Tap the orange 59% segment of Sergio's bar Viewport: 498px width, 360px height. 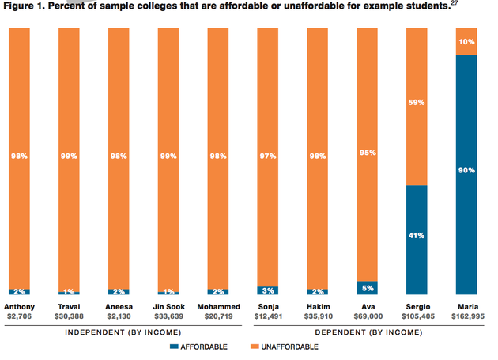point(417,106)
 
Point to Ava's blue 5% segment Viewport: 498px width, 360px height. point(367,288)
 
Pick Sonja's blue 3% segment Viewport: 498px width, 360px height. point(267,290)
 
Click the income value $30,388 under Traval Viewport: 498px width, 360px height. point(69,316)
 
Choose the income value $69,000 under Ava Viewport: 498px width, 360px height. point(367,316)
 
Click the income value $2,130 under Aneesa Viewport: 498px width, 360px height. point(119,316)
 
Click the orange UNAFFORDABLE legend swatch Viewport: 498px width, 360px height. point(255,347)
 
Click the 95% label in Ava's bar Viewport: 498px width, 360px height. point(367,156)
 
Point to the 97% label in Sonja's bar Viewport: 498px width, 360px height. point(267,157)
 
